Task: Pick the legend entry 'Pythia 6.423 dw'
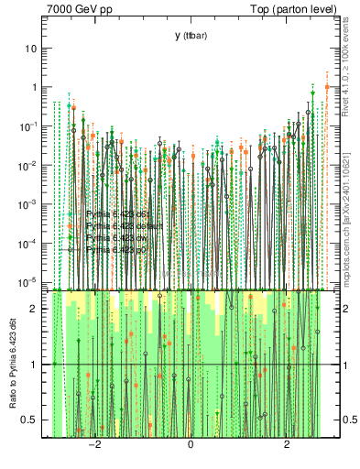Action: click(x=116, y=237)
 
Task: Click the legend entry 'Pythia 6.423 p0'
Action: click(x=116, y=248)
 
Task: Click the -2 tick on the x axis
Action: click(x=93, y=445)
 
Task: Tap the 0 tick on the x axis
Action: click(x=191, y=445)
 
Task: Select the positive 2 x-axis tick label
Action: click(x=288, y=445)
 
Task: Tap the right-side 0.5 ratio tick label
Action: click(x=345, y=420)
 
